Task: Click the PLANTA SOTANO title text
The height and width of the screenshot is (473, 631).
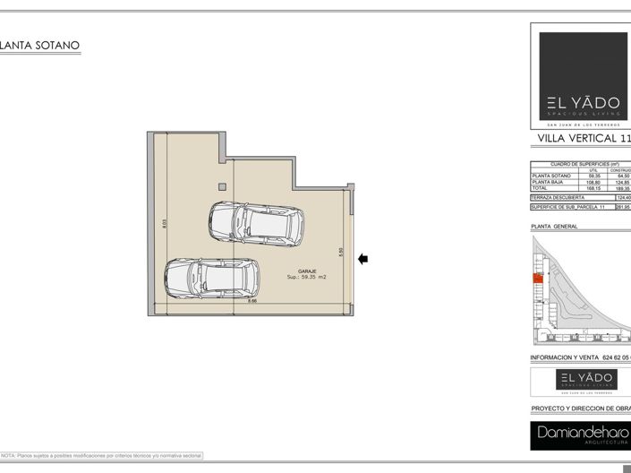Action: coord(41,45)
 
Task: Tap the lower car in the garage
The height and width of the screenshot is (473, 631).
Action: coord(212,279)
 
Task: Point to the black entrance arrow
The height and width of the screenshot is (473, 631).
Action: coord(362,260)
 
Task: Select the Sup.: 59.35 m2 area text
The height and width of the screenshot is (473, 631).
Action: coord(307,278)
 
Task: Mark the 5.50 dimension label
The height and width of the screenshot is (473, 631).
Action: coord(341,254)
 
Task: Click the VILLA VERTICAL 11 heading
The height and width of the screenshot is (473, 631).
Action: coord(584,139)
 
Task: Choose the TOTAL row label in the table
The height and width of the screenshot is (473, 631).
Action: coord(542,188)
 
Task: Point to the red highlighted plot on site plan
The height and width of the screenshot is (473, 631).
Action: coord(538,279)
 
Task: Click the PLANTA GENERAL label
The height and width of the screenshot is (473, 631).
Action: coord(554,227)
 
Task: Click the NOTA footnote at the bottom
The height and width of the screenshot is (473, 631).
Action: coord(101,456)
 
